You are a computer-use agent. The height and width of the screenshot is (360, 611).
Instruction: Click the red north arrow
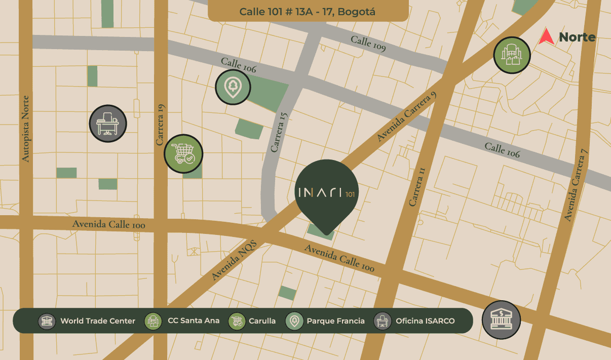coord(546,37)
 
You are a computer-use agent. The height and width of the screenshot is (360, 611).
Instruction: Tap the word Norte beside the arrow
coord(577,37)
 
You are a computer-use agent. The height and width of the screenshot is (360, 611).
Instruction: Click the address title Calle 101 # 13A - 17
coord(308,12)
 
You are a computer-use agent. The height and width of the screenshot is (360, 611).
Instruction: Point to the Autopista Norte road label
coord(26,129)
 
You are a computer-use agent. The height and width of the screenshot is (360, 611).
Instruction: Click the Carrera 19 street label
coord(161,125)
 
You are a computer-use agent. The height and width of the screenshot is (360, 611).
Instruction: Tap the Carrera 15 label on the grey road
coord(279,132)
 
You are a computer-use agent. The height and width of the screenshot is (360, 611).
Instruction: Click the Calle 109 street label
coord(368,44)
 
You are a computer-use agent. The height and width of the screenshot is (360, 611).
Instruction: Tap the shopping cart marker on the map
coord(183,153)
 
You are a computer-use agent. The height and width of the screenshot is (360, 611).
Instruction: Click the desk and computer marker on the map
coord(108,124)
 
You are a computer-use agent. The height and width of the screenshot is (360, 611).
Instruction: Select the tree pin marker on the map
coord(233,87)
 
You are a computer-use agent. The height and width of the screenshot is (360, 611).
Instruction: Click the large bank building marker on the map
coord(501,319)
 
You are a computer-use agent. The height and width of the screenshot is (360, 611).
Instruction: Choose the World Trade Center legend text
coord(98,321)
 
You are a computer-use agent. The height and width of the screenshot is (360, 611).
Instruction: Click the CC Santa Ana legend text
coord(194,321)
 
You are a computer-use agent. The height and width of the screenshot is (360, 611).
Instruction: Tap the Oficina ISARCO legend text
coord(425,321)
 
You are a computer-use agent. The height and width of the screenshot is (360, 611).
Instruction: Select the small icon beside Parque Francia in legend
coord(294,321)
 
